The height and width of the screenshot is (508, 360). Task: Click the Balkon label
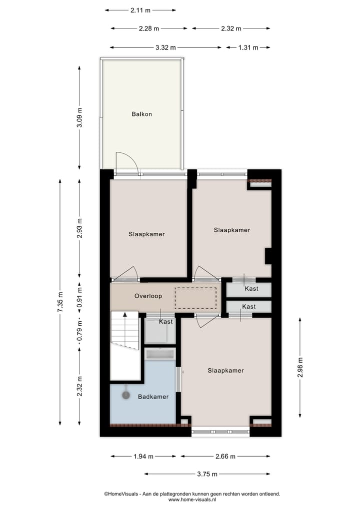click(141, 114)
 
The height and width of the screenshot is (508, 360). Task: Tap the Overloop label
click(148, 296)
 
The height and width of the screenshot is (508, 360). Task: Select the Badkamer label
click(153, 397)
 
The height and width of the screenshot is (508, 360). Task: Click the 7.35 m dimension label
click(60, 302)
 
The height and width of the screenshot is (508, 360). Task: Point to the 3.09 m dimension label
click(79, 118)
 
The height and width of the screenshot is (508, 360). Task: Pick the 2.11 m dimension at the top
click(140, 9)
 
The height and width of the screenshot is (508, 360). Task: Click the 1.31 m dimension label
click(247, 47)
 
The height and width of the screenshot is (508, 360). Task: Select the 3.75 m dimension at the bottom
click(207, 474)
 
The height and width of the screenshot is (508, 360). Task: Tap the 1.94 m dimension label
click(143, 456)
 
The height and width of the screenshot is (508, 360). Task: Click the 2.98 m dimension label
click(300, 367)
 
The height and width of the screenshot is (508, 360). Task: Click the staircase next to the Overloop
click(124, 330)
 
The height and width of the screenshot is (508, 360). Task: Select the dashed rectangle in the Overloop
click(195, 298)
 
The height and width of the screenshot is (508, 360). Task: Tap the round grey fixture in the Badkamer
click(125, 395)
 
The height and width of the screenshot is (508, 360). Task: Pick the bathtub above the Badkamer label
click(160, 354)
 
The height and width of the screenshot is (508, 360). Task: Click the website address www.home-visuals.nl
click(192, 499)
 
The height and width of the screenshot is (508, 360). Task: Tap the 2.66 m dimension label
click(225, 456)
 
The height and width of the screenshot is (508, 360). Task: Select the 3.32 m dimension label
click(165, 47)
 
